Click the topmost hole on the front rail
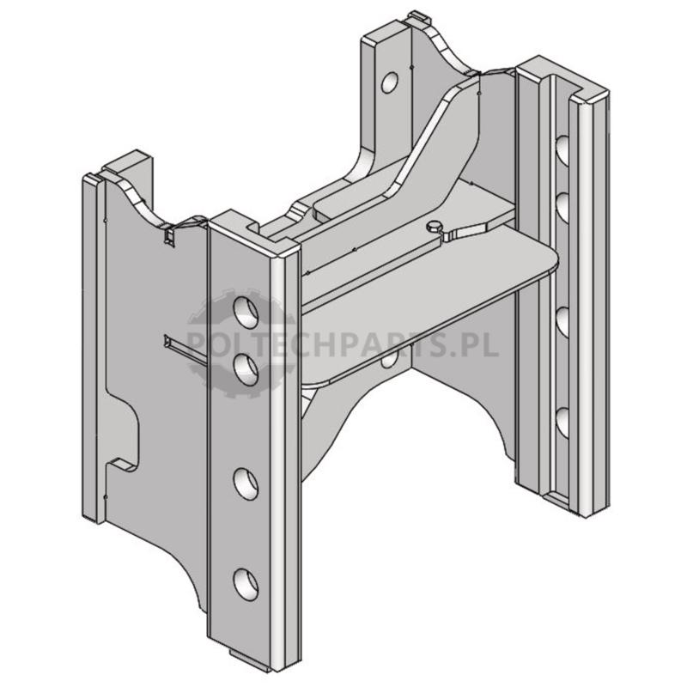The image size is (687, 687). coord(246,313)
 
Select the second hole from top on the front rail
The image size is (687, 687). coord(246,370)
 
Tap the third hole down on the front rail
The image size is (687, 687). coord(246,483)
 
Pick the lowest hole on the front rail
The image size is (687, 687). coord(246,585)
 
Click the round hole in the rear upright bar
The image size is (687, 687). coord(389,82)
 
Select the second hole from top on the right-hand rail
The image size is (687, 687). coord(562,206)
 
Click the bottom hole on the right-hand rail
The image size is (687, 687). coord(562,423)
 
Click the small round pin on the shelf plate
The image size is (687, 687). coord(434,226)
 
